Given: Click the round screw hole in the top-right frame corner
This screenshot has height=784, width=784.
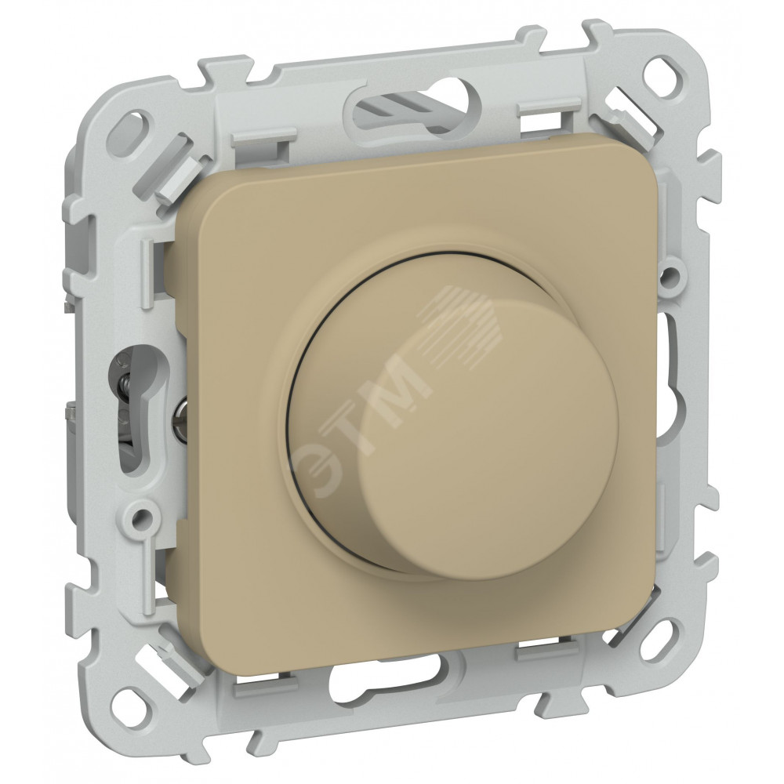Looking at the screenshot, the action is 665,70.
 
